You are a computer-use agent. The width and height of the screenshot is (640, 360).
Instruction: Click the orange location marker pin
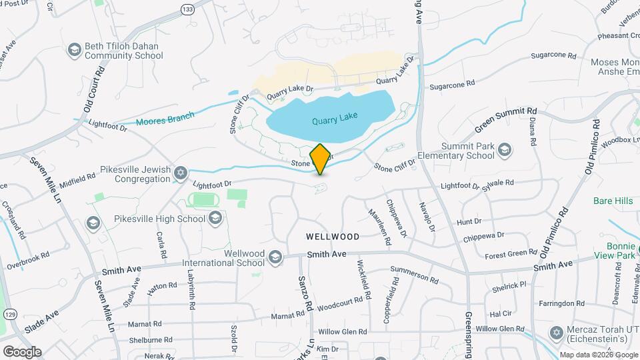pos(320,159)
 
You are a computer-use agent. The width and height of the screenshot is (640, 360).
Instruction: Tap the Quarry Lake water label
pos(335,119)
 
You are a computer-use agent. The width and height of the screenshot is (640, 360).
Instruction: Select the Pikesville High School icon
pos(215,218)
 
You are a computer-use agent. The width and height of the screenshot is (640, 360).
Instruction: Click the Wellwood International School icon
pos(275,257)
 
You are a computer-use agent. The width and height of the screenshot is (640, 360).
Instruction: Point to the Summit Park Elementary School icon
pos(505,149)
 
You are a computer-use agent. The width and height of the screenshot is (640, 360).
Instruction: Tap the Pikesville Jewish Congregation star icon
pos(180,173)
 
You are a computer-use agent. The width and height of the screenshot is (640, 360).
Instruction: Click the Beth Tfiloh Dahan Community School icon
pos(74,51)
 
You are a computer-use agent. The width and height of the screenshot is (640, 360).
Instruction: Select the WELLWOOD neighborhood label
pos(333,237)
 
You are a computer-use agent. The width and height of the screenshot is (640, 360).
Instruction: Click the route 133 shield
pos(188,8)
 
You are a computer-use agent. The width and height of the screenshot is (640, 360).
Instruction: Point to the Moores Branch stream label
pos(165,119)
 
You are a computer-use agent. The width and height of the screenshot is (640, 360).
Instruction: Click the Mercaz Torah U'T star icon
pos(556,332)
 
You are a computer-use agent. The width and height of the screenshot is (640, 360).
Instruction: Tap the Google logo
pos(21,351)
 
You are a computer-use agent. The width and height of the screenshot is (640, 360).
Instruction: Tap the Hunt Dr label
pos(469,221)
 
